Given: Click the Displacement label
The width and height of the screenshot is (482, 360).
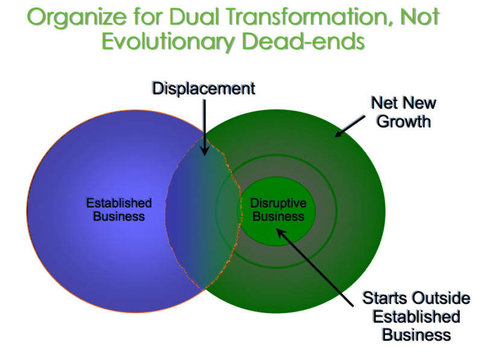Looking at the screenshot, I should click(x=204, y=88).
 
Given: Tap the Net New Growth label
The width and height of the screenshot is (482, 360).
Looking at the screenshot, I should click(x=403, y=112).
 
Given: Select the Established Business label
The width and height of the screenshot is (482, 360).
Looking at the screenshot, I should click(x=119, y=209).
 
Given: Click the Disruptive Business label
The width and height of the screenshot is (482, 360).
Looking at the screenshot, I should click(x=278, y=209).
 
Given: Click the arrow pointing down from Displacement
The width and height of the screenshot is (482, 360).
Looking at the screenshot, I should click(x=205, y=127).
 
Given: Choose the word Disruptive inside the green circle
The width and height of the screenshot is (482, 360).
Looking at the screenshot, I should click(x=278, y=203).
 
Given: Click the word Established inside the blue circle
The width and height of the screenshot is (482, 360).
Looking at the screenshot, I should click(x=119, y=203).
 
